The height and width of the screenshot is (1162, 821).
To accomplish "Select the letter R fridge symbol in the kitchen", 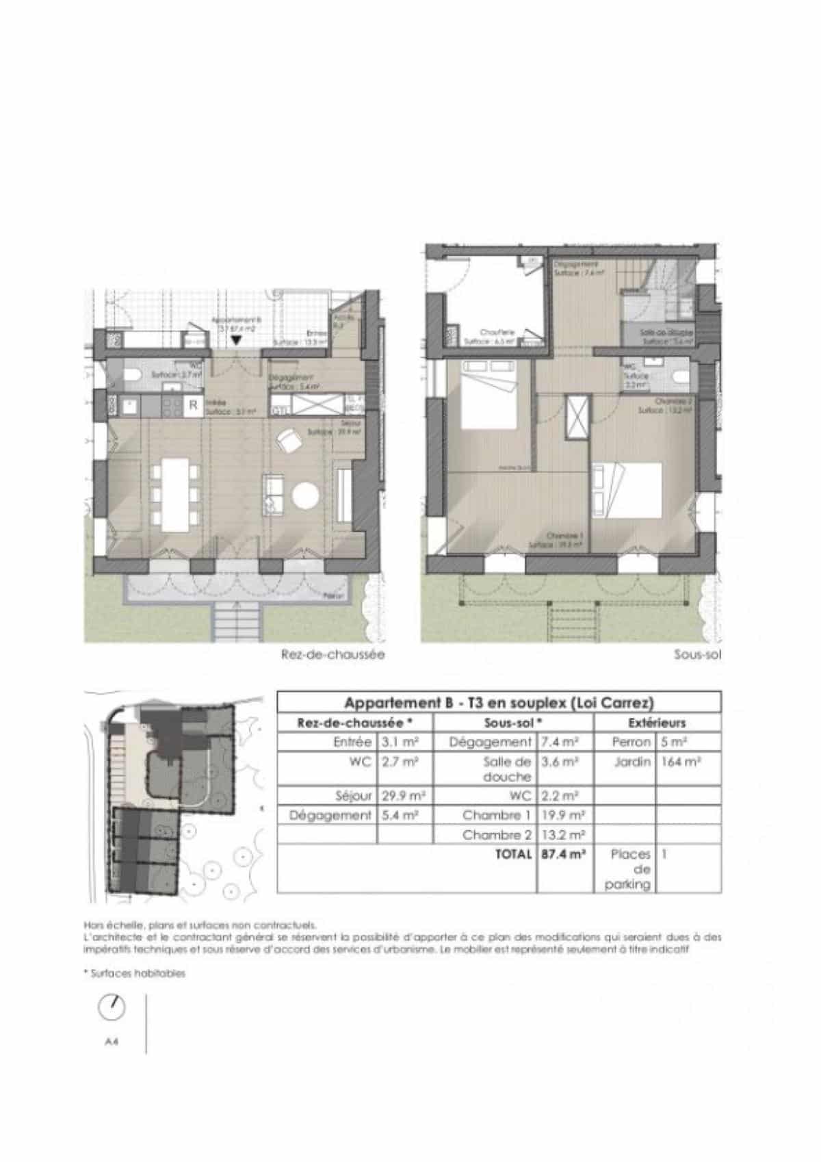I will pyautogui.click(x=193, y=406).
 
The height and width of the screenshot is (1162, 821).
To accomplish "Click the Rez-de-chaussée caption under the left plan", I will pyautogui.click(x=333, y=654).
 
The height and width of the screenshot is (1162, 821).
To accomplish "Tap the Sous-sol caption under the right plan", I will pyautogui.click(x=697, y=654).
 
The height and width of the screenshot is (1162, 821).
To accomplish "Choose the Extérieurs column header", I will pyautogui.click(x=656, y=723).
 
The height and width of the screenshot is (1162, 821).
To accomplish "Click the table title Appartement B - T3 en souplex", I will pyautogui.click(x=499, y=703).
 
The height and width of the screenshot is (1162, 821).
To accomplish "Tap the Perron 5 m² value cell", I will pyautogui.click(x=673, y=741).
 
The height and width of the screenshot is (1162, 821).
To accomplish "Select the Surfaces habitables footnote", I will pyautogui.click(x=134, y=974).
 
